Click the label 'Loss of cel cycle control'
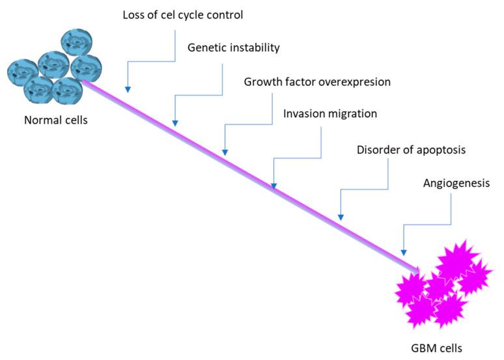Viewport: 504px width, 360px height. click(x=183, y=14)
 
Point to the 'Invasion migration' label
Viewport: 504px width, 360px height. click(x=330, y=113)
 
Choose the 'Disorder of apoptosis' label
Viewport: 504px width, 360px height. click(x=411, y=150)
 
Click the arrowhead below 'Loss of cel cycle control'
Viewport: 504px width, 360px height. click(x=128, y=88)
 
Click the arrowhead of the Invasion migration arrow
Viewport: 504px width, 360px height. click(x=273, y=185)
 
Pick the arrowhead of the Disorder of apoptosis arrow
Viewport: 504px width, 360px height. click(x=339, y=216)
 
